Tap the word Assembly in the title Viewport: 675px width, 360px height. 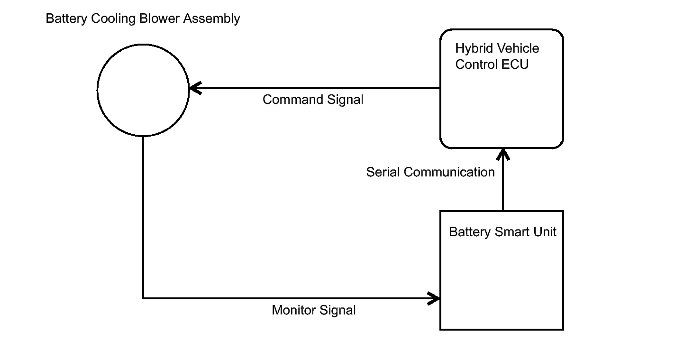coord(211,19)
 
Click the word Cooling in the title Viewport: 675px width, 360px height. coord(113,19)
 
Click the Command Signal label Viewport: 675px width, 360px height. coord(313,100)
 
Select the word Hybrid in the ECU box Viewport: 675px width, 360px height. coord(474,49)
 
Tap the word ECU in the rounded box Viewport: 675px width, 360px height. coord(515,65)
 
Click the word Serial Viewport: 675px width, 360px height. coord(383,172)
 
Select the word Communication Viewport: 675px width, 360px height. coord(449,172)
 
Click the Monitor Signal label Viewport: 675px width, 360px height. coord(314,310)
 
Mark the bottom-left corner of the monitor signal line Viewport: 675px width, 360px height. coord(143,298)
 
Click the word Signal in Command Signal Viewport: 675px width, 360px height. coord(346,100)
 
